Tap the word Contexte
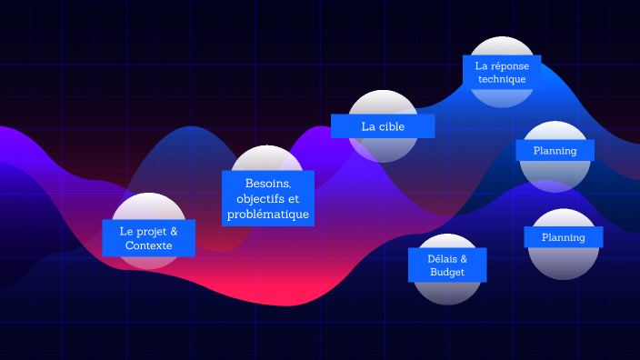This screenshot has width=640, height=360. click(x=148, y=245)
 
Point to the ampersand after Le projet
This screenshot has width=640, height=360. click(x=173, y=231)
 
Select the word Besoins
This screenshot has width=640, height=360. click(x=267, y=184)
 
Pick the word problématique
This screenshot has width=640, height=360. click(x=268, y=215)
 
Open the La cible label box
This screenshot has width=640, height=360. click(x=383, y=126)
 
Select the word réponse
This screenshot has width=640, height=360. click(x=509, y=65)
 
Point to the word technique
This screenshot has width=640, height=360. click(x=502, y=79)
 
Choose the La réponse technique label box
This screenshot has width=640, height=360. click(x=502, y=72)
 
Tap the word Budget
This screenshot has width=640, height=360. click(x=446, y=272)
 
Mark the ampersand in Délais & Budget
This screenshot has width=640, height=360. click(x=464, y=258)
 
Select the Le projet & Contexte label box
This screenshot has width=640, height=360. click(x=148, y=238)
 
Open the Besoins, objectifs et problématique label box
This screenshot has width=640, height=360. click(x=268, y=199)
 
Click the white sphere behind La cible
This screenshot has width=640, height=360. click(x=383, y=102)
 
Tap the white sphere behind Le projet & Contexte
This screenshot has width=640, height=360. click(x=148, y=206)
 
